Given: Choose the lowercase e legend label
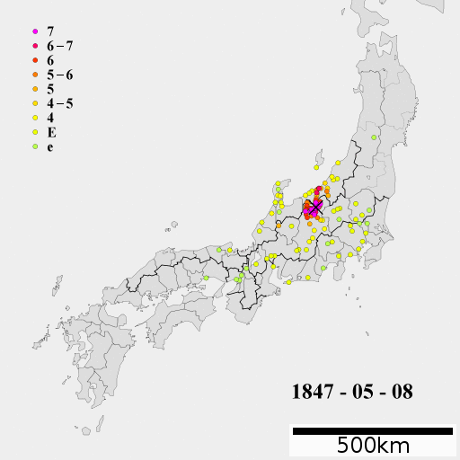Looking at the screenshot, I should click(x=50, y=146).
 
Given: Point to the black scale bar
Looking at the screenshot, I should click(x=372, y=431).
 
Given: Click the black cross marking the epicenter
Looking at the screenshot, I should click(x=315, y=208).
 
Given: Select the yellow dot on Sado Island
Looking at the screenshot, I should click(x=316, y=166).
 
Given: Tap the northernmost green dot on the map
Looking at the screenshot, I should click(x=374, y=137).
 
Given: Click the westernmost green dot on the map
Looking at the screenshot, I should click(x=206, y=278).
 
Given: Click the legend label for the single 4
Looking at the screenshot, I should click(x=50, y=118).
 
